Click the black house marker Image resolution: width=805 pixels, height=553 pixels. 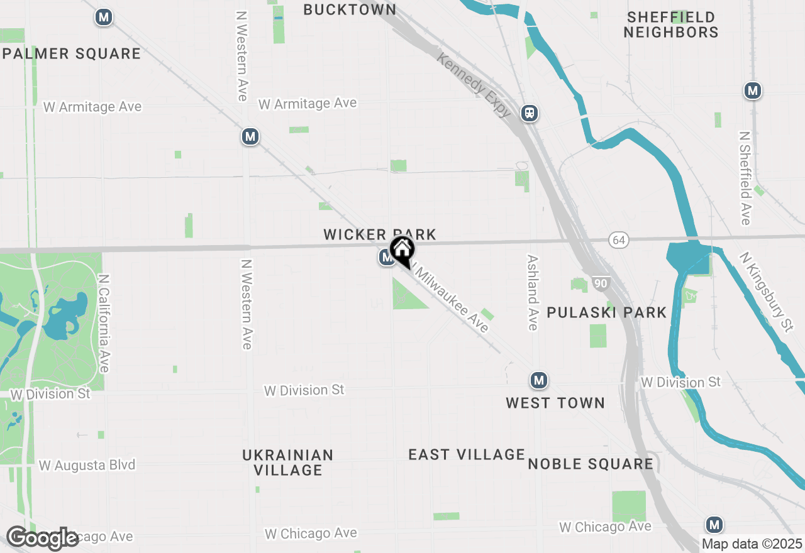click(x=402, y=251)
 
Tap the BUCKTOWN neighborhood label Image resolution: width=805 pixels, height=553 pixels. click(x=350, y=9)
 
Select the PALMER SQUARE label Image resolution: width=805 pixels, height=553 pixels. click(x=72, y=54)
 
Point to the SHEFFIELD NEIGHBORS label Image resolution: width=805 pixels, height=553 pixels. click(x=671, y=25)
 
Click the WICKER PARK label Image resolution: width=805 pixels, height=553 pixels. click(x=379, y=234)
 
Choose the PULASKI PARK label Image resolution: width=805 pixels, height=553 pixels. click(x=606, y=312)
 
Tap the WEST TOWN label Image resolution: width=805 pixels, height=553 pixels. click(x=555, y=403)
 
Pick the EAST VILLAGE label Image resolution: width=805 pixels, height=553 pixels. click(x=467, y=454)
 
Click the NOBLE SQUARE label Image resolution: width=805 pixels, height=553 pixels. click(x=591, y=464)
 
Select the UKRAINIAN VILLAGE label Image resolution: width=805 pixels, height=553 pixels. click(x=288, y=462)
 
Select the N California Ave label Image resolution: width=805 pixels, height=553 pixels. click(x=104, y=322)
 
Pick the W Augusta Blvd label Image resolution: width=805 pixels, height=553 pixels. click(x=87, y=466)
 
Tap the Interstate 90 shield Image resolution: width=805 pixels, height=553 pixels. click(x=601, y=284)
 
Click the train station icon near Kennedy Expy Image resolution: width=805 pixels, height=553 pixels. click(x=530, y=113)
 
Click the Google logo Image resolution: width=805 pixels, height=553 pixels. click(x=42, y=539)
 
